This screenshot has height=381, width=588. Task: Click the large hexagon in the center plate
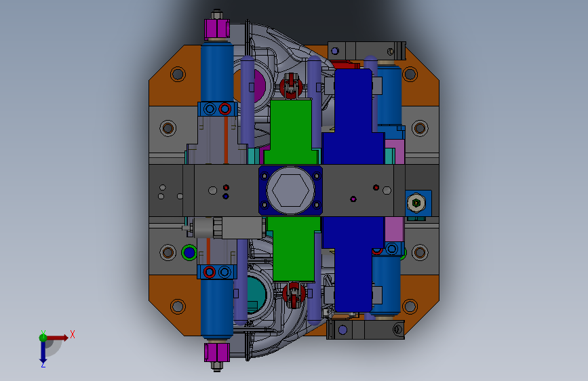pyautogui.click(x=291, y=190)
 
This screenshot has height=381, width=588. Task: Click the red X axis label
pyautogui.click(x=73, y=334)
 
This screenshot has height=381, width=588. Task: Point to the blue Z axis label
pyautogui.click(x=43, y=364)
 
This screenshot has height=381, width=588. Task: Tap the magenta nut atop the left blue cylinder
pyautogui.click(x=217, y=29)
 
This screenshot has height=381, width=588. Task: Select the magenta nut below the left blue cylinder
pyautogui.click(x=217, y=353)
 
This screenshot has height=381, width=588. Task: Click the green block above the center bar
pyautogui.click(x=291, y=132)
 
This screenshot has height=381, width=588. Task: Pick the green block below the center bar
pyautogui.click(x=294, y=249)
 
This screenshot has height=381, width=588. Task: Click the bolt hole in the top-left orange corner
pyautogui.click(x=178, y=75)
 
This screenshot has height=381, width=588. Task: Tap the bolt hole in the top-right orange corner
pyautogui.click(x=410, y=75)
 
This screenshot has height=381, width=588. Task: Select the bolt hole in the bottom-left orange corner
pyautogui.click(x=178, y=306)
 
